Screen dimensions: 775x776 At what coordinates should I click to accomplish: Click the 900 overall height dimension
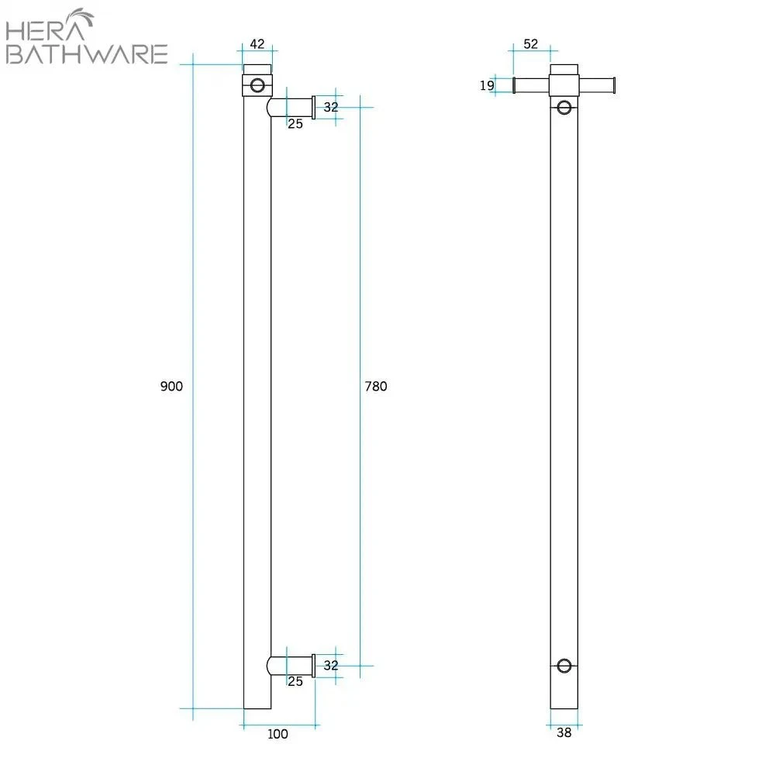[171, 386]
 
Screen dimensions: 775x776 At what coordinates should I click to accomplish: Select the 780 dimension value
[376, 386]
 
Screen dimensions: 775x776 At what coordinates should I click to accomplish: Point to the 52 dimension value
[530, 44]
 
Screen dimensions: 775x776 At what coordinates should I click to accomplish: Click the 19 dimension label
[487, 85]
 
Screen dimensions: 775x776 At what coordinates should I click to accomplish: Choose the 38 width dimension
[564, 732]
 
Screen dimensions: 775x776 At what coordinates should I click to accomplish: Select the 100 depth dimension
[277, 733]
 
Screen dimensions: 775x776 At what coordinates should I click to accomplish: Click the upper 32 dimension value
[331, 108]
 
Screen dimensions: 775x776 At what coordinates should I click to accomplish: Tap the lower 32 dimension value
[331, 665]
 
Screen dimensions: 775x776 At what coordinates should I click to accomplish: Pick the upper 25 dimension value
[295, 123]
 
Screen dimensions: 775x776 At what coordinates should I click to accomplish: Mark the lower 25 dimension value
[295, 681]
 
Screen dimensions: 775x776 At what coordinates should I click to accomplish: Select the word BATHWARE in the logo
[86, 54]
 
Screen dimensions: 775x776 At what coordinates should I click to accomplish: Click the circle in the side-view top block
[257, 84]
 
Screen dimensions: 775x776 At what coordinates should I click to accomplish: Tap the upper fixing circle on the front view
[564, 106]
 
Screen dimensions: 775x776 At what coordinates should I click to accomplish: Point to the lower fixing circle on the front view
[564, 665]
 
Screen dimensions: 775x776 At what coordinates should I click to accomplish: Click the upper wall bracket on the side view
[291, 107]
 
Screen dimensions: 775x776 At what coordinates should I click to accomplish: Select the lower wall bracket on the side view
[291, 666]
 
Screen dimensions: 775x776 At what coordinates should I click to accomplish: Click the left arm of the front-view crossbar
[532, 85]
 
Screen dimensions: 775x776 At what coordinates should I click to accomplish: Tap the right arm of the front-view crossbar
[597, 85]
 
